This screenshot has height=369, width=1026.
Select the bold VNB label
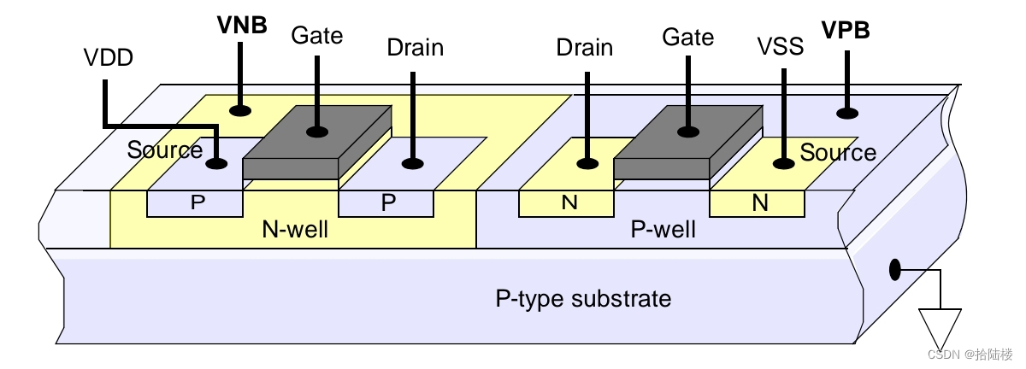[x=242, y=24]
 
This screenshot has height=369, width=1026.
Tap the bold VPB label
[x=846, y=31]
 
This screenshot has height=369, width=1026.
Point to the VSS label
[x=781, y=47]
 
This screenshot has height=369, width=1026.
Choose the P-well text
[x=663, y=229]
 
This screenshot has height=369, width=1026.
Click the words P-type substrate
[x=583, y=299]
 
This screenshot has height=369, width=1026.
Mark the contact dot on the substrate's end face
[x=895, y=270]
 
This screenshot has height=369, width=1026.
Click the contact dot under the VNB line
[x=243, y=110]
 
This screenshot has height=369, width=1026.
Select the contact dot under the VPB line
[x=848, y=112]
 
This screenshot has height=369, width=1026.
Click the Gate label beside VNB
[x=316, y=36]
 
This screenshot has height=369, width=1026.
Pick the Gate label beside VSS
[x=687, y=38]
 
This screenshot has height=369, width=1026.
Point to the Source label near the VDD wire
[x=165, y=150]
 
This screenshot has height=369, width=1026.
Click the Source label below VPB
[x=838, y=153]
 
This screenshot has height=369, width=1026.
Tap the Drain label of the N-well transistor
[x=415, y=47]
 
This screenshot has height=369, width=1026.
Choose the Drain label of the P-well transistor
[x=584, y=48]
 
